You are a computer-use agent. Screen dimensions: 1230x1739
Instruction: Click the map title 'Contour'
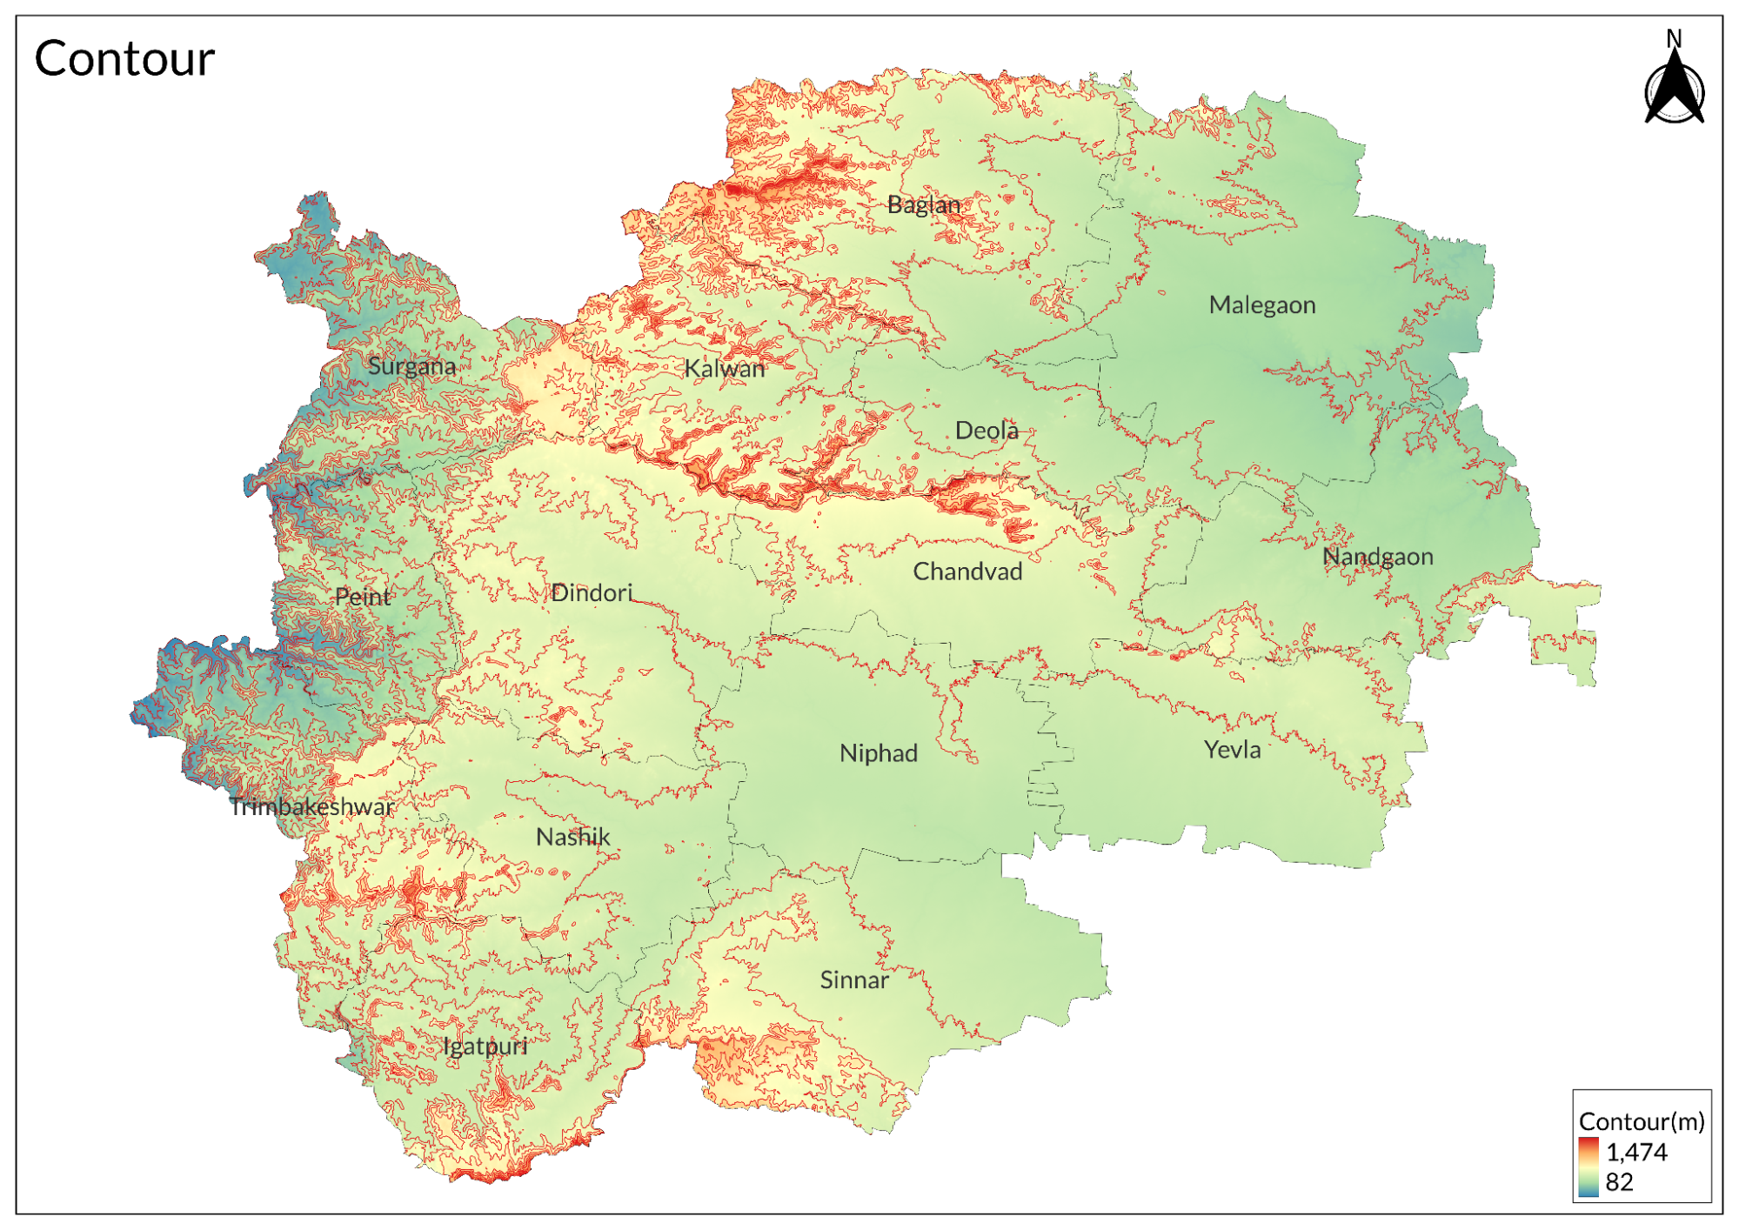click(x=124, y=59)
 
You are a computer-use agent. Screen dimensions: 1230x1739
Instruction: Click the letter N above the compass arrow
click(x=1674, y=38)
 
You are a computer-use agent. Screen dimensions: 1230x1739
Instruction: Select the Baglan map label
click(x=923, y=205)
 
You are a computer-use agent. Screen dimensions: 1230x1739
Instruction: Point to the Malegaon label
click(x=1261, y=305)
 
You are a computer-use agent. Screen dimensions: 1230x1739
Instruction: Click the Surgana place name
click(x=411, y=366)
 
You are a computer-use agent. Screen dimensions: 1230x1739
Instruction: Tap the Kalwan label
click(x=724, y=369)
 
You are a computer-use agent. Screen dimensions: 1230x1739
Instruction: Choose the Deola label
click(x=986, y=431)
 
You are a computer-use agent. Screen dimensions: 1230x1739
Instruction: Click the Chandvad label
click(x=966, y=572)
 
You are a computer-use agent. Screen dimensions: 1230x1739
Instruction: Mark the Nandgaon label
click(x=1377, y=557)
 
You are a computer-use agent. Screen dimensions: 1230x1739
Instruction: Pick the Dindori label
click(x=591, y=593)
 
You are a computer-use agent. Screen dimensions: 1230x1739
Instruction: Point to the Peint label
click(x=363, y=598)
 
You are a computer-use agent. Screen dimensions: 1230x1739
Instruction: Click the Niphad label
click(x=878, y=753)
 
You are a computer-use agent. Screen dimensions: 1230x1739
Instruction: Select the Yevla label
click(x=1232, y=750)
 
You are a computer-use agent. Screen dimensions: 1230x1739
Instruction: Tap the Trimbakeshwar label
click(x=311, y=807)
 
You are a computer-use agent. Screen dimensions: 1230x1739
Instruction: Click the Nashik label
click(x=572, y=838)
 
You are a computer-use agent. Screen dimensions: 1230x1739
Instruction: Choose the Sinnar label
click(x=853, y=980)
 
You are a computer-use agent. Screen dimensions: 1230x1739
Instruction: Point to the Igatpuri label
click(x=485, y=1046)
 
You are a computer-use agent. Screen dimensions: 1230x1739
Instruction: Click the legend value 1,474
click(x=1635, y=1153)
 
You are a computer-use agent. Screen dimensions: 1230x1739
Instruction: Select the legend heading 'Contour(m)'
click(x=1641, y=1121)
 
